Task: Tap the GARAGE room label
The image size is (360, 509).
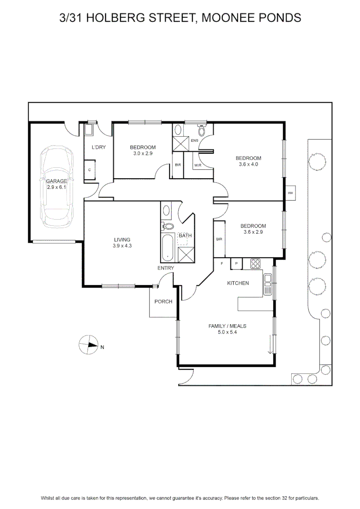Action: click(x=57, y=181)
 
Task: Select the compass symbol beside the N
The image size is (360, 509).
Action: click(x=89, y=345)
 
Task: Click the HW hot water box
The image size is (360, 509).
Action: click(x=290, y=193)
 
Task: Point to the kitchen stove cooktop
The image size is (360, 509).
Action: click(x=255, y=263)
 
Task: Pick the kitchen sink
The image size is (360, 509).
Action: click(x=268, y=284)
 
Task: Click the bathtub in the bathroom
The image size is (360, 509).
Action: click(x=167, y=247)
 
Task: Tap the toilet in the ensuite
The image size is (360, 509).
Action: click(x=202, y=130)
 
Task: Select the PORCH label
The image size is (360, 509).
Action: click(x=164, y=302)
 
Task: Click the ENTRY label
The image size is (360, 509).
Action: click(x=165, y=268)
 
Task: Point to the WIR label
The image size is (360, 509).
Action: click(x=198, y=165)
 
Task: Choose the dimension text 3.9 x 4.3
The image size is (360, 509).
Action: click(x=122, y=246)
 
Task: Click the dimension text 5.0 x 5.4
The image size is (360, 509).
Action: click(x=227, y=332)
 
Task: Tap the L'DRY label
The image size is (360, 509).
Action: click(x=98, y=147)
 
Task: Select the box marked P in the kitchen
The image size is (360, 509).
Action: click(x=237, y=263)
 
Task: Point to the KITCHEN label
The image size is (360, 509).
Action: click(x=238, y=283)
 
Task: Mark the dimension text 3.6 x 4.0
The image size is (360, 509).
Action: click(x=248, y=164)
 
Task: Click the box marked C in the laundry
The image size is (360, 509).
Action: click(x=90, y=170)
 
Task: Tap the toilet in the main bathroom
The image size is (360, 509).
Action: click(x=168, y=226)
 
